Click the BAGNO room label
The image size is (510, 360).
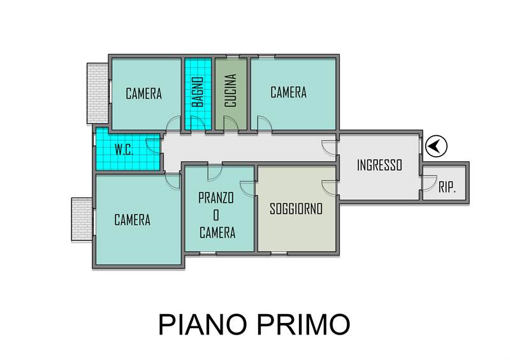198,92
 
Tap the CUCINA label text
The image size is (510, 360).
231,90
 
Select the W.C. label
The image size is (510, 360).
124,150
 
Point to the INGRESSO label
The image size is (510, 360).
379,165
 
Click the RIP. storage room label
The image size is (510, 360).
448,187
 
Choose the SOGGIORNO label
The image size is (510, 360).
296,209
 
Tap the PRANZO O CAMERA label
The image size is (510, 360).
217,215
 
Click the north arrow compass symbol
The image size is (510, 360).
436,147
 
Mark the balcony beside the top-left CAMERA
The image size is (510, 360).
98,93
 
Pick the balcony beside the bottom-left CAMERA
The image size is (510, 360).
82,220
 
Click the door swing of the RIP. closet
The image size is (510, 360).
429,183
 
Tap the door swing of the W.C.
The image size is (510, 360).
153,146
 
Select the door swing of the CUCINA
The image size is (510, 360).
231,124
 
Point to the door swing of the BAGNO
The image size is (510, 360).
198,124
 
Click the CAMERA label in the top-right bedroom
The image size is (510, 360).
289,92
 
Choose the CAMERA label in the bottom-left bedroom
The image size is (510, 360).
133,220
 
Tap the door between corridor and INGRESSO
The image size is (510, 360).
329,148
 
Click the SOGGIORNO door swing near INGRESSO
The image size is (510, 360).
329,188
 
